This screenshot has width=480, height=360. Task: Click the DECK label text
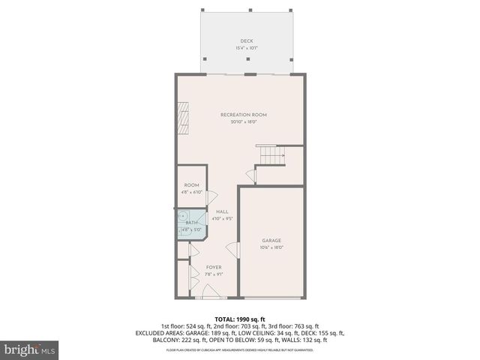click(x=246, y=41)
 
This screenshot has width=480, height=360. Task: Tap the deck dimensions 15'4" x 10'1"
click(x=246, y=48)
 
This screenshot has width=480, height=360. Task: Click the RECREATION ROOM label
click(x=244, y=115)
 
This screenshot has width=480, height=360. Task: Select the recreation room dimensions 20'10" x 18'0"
click(x=244, y=121)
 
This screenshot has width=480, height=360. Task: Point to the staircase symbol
click(x=271, y=155)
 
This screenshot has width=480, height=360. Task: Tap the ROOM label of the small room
click(x=191, y=185)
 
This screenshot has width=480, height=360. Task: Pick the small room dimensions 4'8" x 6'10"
click(x=191, y=192)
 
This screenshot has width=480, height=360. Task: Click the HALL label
click(x=222, y=212)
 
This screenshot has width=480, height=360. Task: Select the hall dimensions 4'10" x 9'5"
click(x=222, y=219)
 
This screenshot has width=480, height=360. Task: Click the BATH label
click(x=192, y=223)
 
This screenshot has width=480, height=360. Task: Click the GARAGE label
click(x=271, y=241)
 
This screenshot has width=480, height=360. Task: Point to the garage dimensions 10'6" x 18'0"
click(x=271, y=247)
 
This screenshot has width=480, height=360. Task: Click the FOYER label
click(x=214, y=267)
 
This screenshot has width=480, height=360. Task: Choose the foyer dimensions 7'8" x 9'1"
click(x=214, y=274)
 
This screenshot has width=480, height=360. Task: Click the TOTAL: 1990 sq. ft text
click(x=239, y=319)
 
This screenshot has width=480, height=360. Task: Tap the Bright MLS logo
click(x=30, y=349)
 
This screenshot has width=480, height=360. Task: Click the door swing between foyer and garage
click(x=232, y=250)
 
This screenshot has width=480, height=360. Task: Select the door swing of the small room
click(x=212, y=196)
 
